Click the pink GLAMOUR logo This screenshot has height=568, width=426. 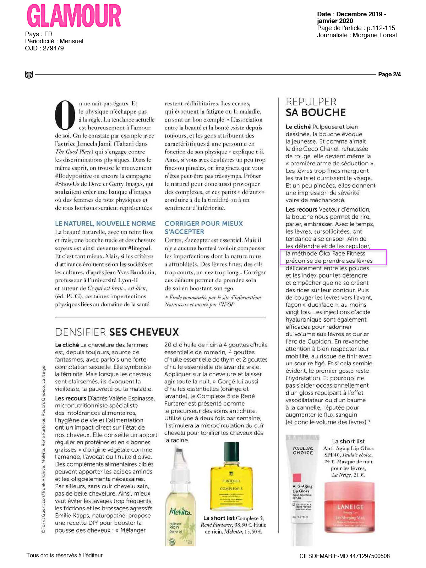pyautogui.click(x=74, y=16)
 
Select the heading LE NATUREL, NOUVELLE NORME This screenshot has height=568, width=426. pyautogui.click(x=105, y=224)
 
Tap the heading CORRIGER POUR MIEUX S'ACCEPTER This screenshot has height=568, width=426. pyautogui.click(x=203, y=228)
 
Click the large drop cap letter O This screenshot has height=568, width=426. pyautogui.click(x=65, y=115)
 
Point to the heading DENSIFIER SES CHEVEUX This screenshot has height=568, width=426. pyautogui.click(x=117, y=332)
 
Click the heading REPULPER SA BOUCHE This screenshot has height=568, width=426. pyautogui.click(x=316, y=107)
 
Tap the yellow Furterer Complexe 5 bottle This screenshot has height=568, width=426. pyautogui.click(x=231, y=477)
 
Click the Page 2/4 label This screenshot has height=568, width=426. pyautogui.click(x=389, y=74)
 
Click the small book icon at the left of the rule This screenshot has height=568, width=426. pyautogui.click(x=29, y=75)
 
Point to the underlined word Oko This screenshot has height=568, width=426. pyautogui.click(x=324, y=253)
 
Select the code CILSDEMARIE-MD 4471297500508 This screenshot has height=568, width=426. pyautogui.click(x=344, y=556)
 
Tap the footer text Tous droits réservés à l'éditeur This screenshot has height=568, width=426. pyautogui.click(x=64, y=555)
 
